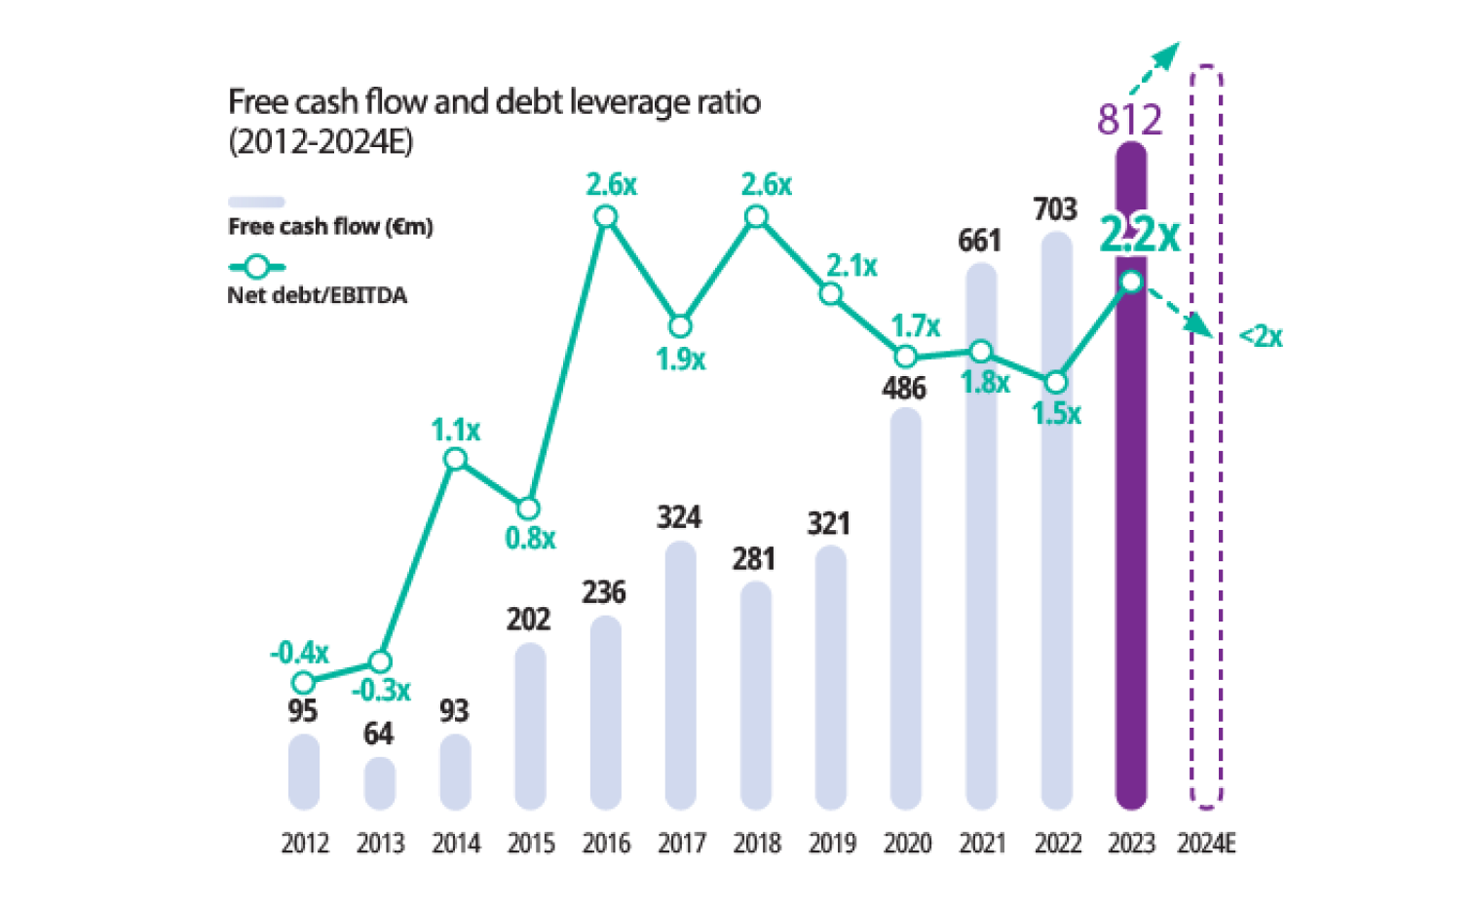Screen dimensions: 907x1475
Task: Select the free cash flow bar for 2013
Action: (x=380, y=784)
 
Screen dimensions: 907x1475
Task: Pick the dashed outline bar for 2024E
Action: (x=1207, y=438)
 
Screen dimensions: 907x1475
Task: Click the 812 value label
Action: (x=1130, y=120)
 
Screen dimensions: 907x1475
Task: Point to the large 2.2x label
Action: (x=1139, y=235)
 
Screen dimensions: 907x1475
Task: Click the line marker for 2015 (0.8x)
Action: (x=528, y=510)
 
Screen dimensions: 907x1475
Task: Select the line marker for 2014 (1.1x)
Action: (x=455, y=458)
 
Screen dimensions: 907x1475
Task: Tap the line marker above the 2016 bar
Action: (x=605, y=216)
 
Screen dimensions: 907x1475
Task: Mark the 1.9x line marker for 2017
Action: (x=681, y=325)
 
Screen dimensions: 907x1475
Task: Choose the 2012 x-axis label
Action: (x=304, y=844)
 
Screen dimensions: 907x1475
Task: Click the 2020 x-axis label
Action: (x=907, y=844)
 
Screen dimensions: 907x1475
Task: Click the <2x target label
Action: (x=1260, y=338)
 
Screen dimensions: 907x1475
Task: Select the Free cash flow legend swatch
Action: (x=256, y=203)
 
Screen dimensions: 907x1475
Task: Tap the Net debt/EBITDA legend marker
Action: (x=256, y=267)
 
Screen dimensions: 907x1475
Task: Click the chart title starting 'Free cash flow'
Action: (x=494, y=102)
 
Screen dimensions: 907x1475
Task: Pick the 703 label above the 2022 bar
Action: (x=1055, y=209)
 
